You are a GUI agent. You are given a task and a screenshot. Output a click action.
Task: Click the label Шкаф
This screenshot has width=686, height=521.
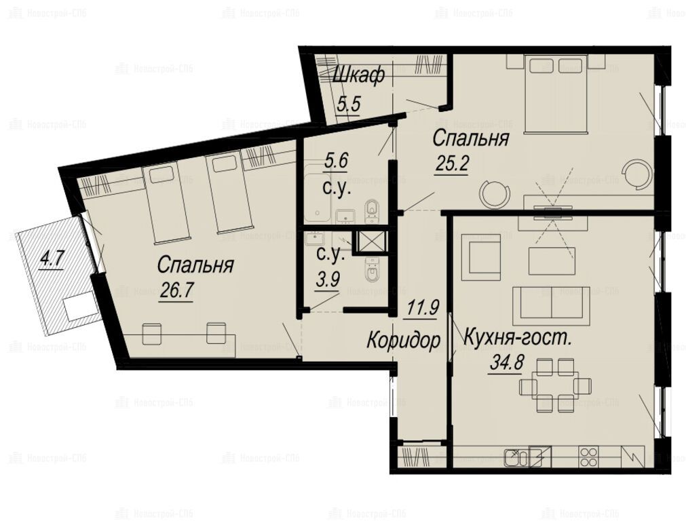coord(358,76)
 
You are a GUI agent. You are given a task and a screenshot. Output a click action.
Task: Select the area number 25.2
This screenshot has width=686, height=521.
coord(451,164)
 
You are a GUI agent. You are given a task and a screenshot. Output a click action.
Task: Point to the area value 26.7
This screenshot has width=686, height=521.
coord(176,290)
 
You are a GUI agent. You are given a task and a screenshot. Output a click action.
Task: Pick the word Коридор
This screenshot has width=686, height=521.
coord(403,341)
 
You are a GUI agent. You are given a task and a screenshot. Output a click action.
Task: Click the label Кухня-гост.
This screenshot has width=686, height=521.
coord(517,338)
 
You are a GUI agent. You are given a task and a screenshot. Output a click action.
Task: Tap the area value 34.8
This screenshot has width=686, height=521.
coord(507,363)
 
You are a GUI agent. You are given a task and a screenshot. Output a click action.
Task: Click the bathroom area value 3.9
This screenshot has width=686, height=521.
coord(328,279)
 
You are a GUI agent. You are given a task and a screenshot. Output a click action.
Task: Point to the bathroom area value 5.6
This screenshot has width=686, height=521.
coord(336,161)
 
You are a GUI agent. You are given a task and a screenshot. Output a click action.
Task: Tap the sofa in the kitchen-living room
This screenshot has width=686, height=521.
coord(552,306)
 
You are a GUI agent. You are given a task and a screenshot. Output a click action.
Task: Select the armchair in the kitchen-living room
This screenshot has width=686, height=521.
coord(481,258)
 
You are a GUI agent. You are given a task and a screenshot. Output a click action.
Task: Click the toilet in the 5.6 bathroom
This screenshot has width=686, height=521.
coord(372,210)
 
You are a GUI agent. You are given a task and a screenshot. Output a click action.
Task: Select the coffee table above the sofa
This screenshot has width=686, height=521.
coord(552,261)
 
